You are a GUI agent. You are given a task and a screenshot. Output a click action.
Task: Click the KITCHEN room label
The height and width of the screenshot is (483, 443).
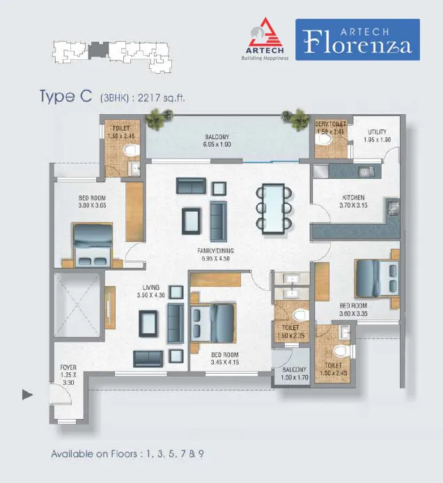353,198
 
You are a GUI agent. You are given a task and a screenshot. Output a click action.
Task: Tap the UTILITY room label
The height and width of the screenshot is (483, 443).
377,132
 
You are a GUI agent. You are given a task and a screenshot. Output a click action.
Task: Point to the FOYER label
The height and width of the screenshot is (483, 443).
68,367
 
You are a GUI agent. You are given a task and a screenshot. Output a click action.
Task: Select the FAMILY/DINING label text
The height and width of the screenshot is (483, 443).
215,251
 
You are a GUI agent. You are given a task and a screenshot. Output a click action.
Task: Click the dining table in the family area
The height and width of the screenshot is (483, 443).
274,209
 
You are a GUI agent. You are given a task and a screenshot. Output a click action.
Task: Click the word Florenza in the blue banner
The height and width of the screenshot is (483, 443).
357,43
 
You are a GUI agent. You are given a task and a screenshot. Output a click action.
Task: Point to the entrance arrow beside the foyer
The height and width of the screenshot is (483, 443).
27,395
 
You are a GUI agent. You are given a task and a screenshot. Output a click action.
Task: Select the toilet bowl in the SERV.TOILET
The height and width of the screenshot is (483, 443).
324,139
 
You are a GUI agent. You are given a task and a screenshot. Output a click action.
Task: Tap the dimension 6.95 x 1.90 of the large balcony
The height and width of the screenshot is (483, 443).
217,145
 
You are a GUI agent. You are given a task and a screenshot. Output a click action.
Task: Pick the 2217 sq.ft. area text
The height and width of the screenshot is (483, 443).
161,98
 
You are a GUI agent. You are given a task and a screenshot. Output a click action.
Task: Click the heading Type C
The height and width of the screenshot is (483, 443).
65,96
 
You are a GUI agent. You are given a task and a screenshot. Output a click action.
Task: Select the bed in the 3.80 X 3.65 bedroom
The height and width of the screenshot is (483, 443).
93,244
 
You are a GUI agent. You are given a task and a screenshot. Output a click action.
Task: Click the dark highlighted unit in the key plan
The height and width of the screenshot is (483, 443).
98,50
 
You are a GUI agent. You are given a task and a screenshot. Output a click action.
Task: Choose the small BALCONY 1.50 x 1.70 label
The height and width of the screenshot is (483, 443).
295,373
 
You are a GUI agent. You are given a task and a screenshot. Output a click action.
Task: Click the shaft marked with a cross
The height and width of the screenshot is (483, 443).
77,305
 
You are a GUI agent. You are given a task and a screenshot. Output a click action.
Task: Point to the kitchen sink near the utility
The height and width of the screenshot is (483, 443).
366,172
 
